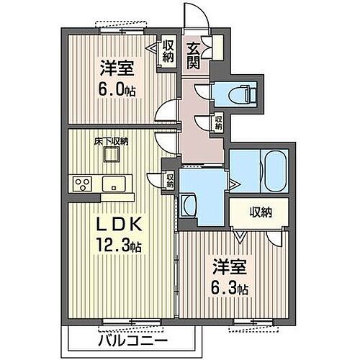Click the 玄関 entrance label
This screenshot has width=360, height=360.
point(194,55)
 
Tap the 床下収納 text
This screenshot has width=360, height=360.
point(110,141)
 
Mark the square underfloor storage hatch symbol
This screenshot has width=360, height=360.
point(109,153)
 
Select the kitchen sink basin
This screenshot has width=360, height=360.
point(113,184)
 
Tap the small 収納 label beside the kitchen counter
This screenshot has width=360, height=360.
point(171,180)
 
